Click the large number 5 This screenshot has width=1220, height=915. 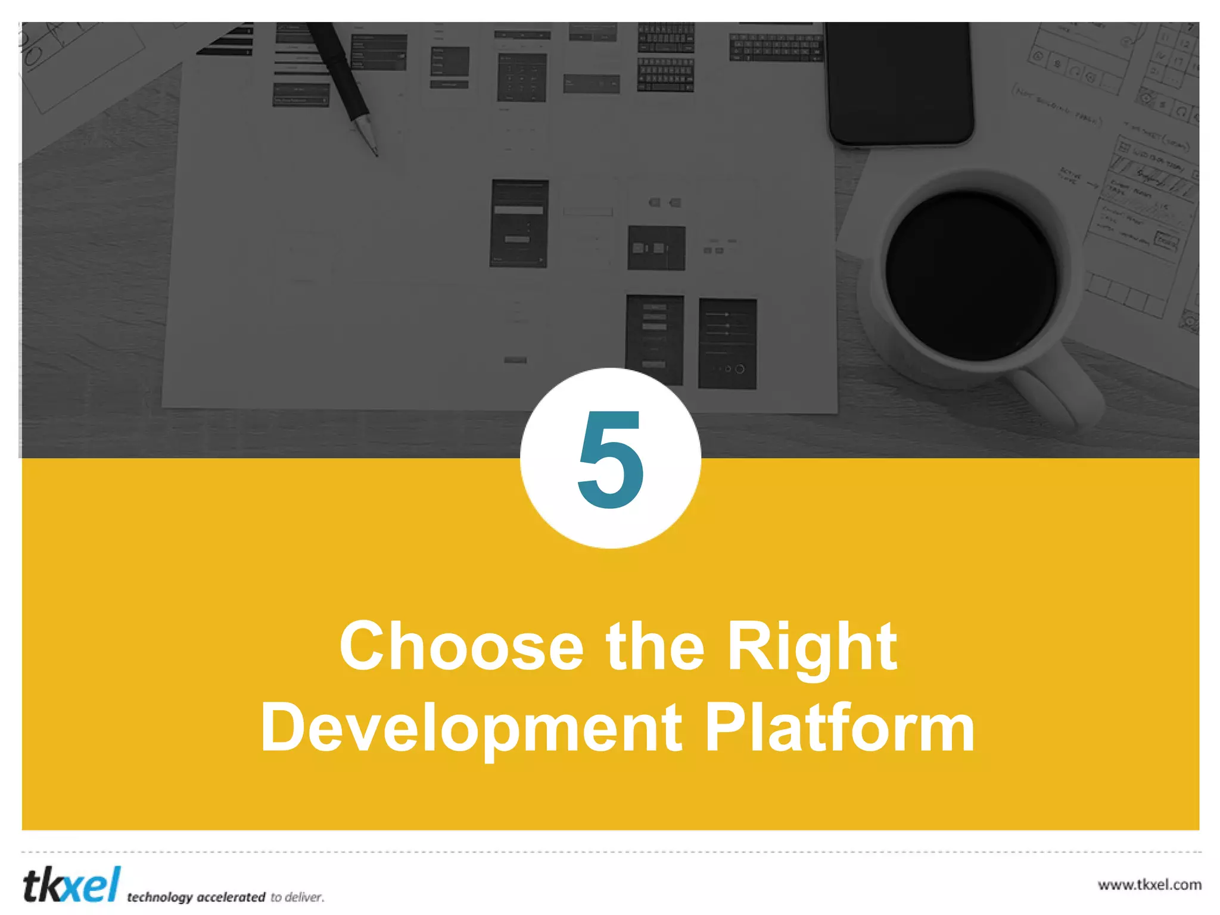click(611, 459)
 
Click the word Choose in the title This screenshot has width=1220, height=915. click(461, 647)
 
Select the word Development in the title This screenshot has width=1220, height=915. click(471, 728)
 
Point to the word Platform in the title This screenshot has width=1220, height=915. click(839, 728)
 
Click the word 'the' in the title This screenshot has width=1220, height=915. click(655, 647)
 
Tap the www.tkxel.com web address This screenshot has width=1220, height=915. click(1149, 885)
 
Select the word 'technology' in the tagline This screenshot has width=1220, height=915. click(160, 897)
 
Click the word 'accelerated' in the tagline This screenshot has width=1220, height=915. click(231, 897)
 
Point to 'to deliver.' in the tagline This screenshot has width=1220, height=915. click(297, 897)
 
